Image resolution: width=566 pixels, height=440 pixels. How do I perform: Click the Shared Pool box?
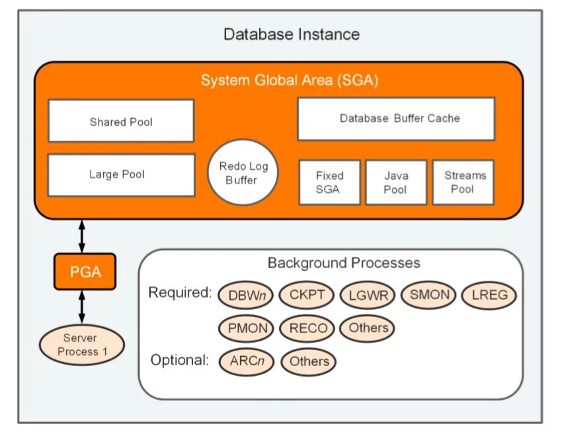[x=121, y=122]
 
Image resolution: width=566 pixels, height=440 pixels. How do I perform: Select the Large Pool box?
[x=121, y=175]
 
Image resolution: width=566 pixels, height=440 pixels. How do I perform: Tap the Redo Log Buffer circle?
[x=243, y=173]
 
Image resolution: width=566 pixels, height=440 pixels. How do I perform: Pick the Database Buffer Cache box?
[x=396, y=119]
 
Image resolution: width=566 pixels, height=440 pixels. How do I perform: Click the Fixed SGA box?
[x=329, y=182]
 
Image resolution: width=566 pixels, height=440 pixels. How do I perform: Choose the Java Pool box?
[x=396, y=182]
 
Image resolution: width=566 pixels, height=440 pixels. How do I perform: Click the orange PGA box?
[x=85, y=272]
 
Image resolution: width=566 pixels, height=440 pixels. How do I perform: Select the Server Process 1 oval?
[x=82, y=345]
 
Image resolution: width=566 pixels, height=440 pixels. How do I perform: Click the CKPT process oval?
[x=307, y=295]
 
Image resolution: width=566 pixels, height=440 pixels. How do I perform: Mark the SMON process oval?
[x=428, y=295]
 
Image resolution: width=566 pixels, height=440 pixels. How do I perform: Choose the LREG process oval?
[x=489, y=295]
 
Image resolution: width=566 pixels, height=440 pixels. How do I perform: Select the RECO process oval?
[x=307, y=328]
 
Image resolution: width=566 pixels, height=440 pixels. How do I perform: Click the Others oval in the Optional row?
[x=308, y=361]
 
